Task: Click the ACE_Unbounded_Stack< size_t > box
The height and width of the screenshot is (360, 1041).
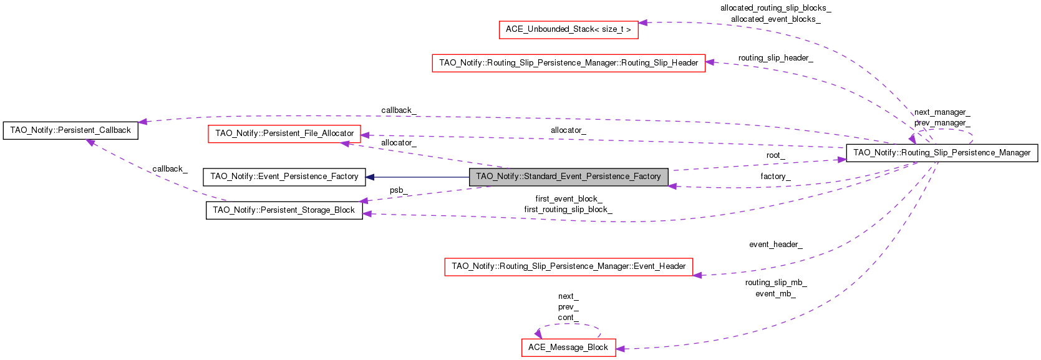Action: coord(568,29)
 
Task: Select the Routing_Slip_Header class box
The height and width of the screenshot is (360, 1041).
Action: coord(568,63)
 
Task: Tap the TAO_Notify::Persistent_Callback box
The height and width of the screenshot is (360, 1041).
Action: coord(70,130)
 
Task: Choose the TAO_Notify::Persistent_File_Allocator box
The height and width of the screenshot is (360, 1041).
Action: coord(284,134)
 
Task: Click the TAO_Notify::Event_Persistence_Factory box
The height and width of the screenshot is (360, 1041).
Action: coord(284,177)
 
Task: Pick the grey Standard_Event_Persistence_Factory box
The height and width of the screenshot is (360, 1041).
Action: coord(568,177)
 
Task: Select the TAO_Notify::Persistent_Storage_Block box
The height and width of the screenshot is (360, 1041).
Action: coord(284,210)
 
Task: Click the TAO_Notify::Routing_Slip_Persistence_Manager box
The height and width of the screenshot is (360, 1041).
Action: coord(941,153)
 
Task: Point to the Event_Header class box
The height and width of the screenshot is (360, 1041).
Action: coord(568,266)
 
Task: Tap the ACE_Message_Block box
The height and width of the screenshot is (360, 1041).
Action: coord(568,348)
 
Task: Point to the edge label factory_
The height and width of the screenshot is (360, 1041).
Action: coord(775,177)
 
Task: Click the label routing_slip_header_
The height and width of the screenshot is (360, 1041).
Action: coord(775,58)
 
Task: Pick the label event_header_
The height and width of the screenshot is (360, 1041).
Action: coord(775,245)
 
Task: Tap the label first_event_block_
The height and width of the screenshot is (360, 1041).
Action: coord(568,199)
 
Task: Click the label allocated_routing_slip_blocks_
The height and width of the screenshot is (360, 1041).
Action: coord(775,8)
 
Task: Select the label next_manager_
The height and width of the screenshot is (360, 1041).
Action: coord(942,112)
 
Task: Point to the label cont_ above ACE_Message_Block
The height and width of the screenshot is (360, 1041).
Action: coord(568,318)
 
